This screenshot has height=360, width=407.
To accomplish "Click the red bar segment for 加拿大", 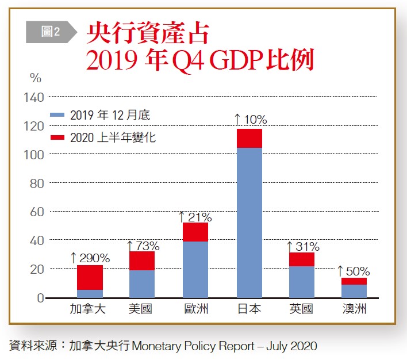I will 90,277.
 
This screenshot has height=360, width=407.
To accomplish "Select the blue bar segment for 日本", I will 249,223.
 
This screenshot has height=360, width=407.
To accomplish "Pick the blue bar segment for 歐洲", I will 195,269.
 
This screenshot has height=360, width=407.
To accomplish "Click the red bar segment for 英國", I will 302,259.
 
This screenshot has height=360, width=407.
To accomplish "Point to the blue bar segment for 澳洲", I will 355,291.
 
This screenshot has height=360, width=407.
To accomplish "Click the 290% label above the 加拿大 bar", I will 90,258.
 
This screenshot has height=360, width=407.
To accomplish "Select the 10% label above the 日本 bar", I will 251,120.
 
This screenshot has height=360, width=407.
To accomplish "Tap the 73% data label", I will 143,246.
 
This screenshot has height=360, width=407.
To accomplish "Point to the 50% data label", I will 353,271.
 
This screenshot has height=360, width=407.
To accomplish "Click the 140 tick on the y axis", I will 34,97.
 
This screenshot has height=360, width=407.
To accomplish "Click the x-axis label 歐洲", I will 196,310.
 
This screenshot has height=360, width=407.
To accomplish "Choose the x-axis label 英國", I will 302,310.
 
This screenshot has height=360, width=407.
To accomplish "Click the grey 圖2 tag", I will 51,32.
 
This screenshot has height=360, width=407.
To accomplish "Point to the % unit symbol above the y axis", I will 35,77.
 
